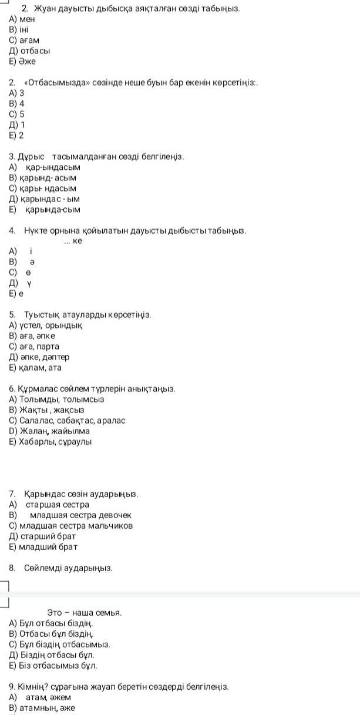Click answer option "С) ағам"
[24, 41]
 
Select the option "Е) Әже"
[23, 62]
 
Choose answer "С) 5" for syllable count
[17, 115]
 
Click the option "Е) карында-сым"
[45, 210]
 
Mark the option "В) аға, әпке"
[32, 336]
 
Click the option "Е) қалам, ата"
[35, 368]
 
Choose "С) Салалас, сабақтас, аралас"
[67, 421]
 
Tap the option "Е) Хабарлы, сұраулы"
[51, 442]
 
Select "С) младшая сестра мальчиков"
[71, 526]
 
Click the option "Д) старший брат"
[43, 536]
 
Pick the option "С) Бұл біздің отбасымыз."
[59, 644]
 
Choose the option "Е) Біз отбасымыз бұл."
[53, 666]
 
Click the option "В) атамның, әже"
[42, 708]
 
